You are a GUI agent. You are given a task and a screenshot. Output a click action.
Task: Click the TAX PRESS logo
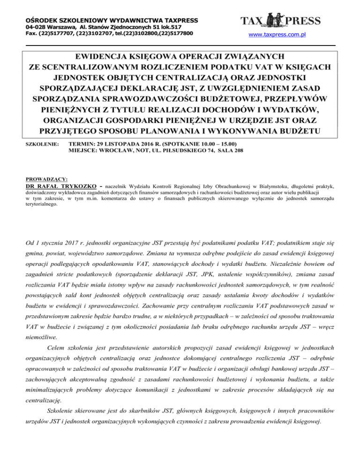(x=280, y=21)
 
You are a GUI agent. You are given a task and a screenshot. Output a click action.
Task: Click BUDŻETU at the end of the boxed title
(x=299, y=130)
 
